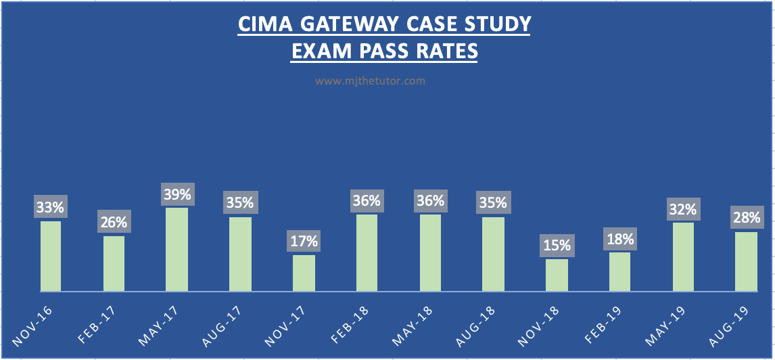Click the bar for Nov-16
click(51, 256)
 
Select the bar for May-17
click(177, 250)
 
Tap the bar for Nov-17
click(304, 273)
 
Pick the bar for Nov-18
click(557, 275)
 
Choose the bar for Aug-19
click(746, 262)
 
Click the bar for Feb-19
click(619, 272)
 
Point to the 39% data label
click(177, 195)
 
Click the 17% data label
click(304, 242)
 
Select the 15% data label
click(557, 246)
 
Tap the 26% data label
click(114, 223)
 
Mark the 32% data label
click(683, 209)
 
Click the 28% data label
click(746, 218)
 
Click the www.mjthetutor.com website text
click(370, 81)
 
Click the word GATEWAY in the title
click(350, 24)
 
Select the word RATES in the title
click(446, 51)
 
